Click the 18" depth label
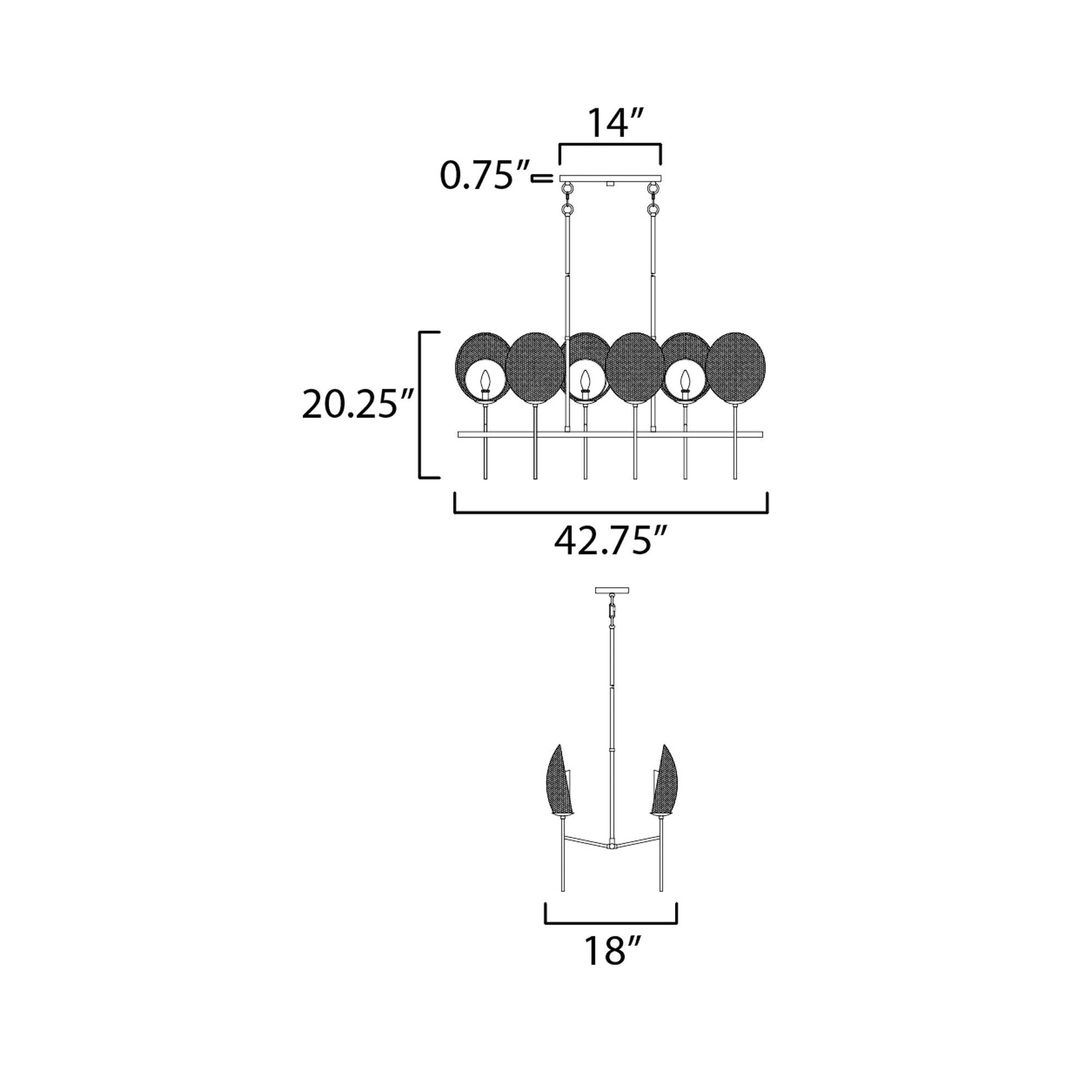click(609, 950)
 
